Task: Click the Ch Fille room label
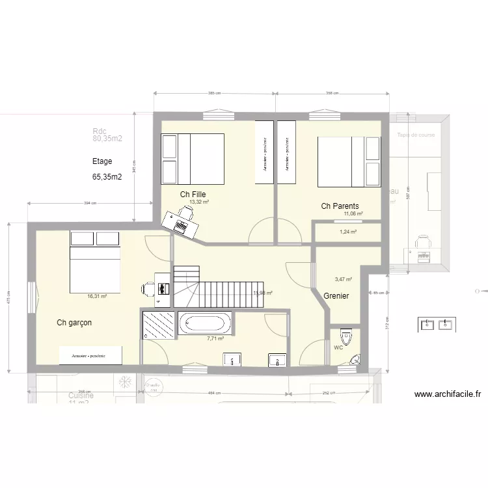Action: click(193, 195)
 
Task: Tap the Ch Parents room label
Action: click(340, 206)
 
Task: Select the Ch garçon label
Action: click(74, 323)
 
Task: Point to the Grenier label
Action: click(336, 296)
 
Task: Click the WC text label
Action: click(338, 348)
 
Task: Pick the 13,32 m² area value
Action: click(199, 202)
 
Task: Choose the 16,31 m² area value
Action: click(97, 296)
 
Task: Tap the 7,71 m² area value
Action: click(215, 338)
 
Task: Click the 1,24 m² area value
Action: click(348, 231)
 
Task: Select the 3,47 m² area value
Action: click(343, 280)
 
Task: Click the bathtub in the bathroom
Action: click(204, 323)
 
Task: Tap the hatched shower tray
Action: click(159, 324)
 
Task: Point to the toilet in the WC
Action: click(346, 337)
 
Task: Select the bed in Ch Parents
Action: click(348, 161)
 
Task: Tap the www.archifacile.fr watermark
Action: click(447, 394)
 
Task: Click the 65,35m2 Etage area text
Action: click(107, 177)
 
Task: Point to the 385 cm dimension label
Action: click(214, 94)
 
